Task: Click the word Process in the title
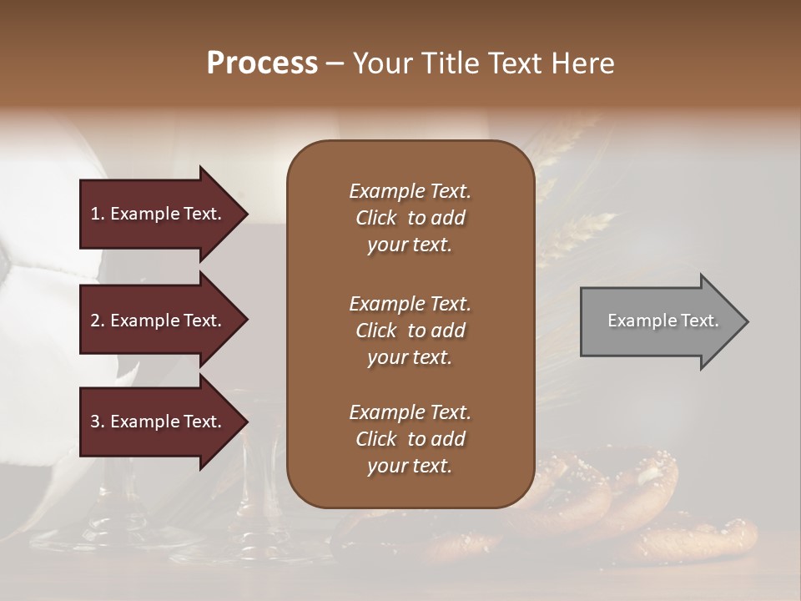(x=262, y=63)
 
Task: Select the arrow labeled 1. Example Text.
(x=159, y=214)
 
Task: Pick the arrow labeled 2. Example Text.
(x=159, y=321)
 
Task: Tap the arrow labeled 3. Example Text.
(x=159, y=422)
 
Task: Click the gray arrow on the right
(x=659, y=321)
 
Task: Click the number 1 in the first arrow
(x=96, y=214)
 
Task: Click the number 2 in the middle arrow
(x=96, y=321)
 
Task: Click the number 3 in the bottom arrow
(x=96, y=422)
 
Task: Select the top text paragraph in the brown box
(x=410, y=218)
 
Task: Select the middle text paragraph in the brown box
(x=410, y=331)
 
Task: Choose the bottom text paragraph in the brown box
(x=410, y=439)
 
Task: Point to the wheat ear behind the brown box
(x=576, y=234)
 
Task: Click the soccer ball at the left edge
(x=33, y=275)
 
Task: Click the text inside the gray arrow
(x=662, y=321)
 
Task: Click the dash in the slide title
(x=335, y=64)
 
